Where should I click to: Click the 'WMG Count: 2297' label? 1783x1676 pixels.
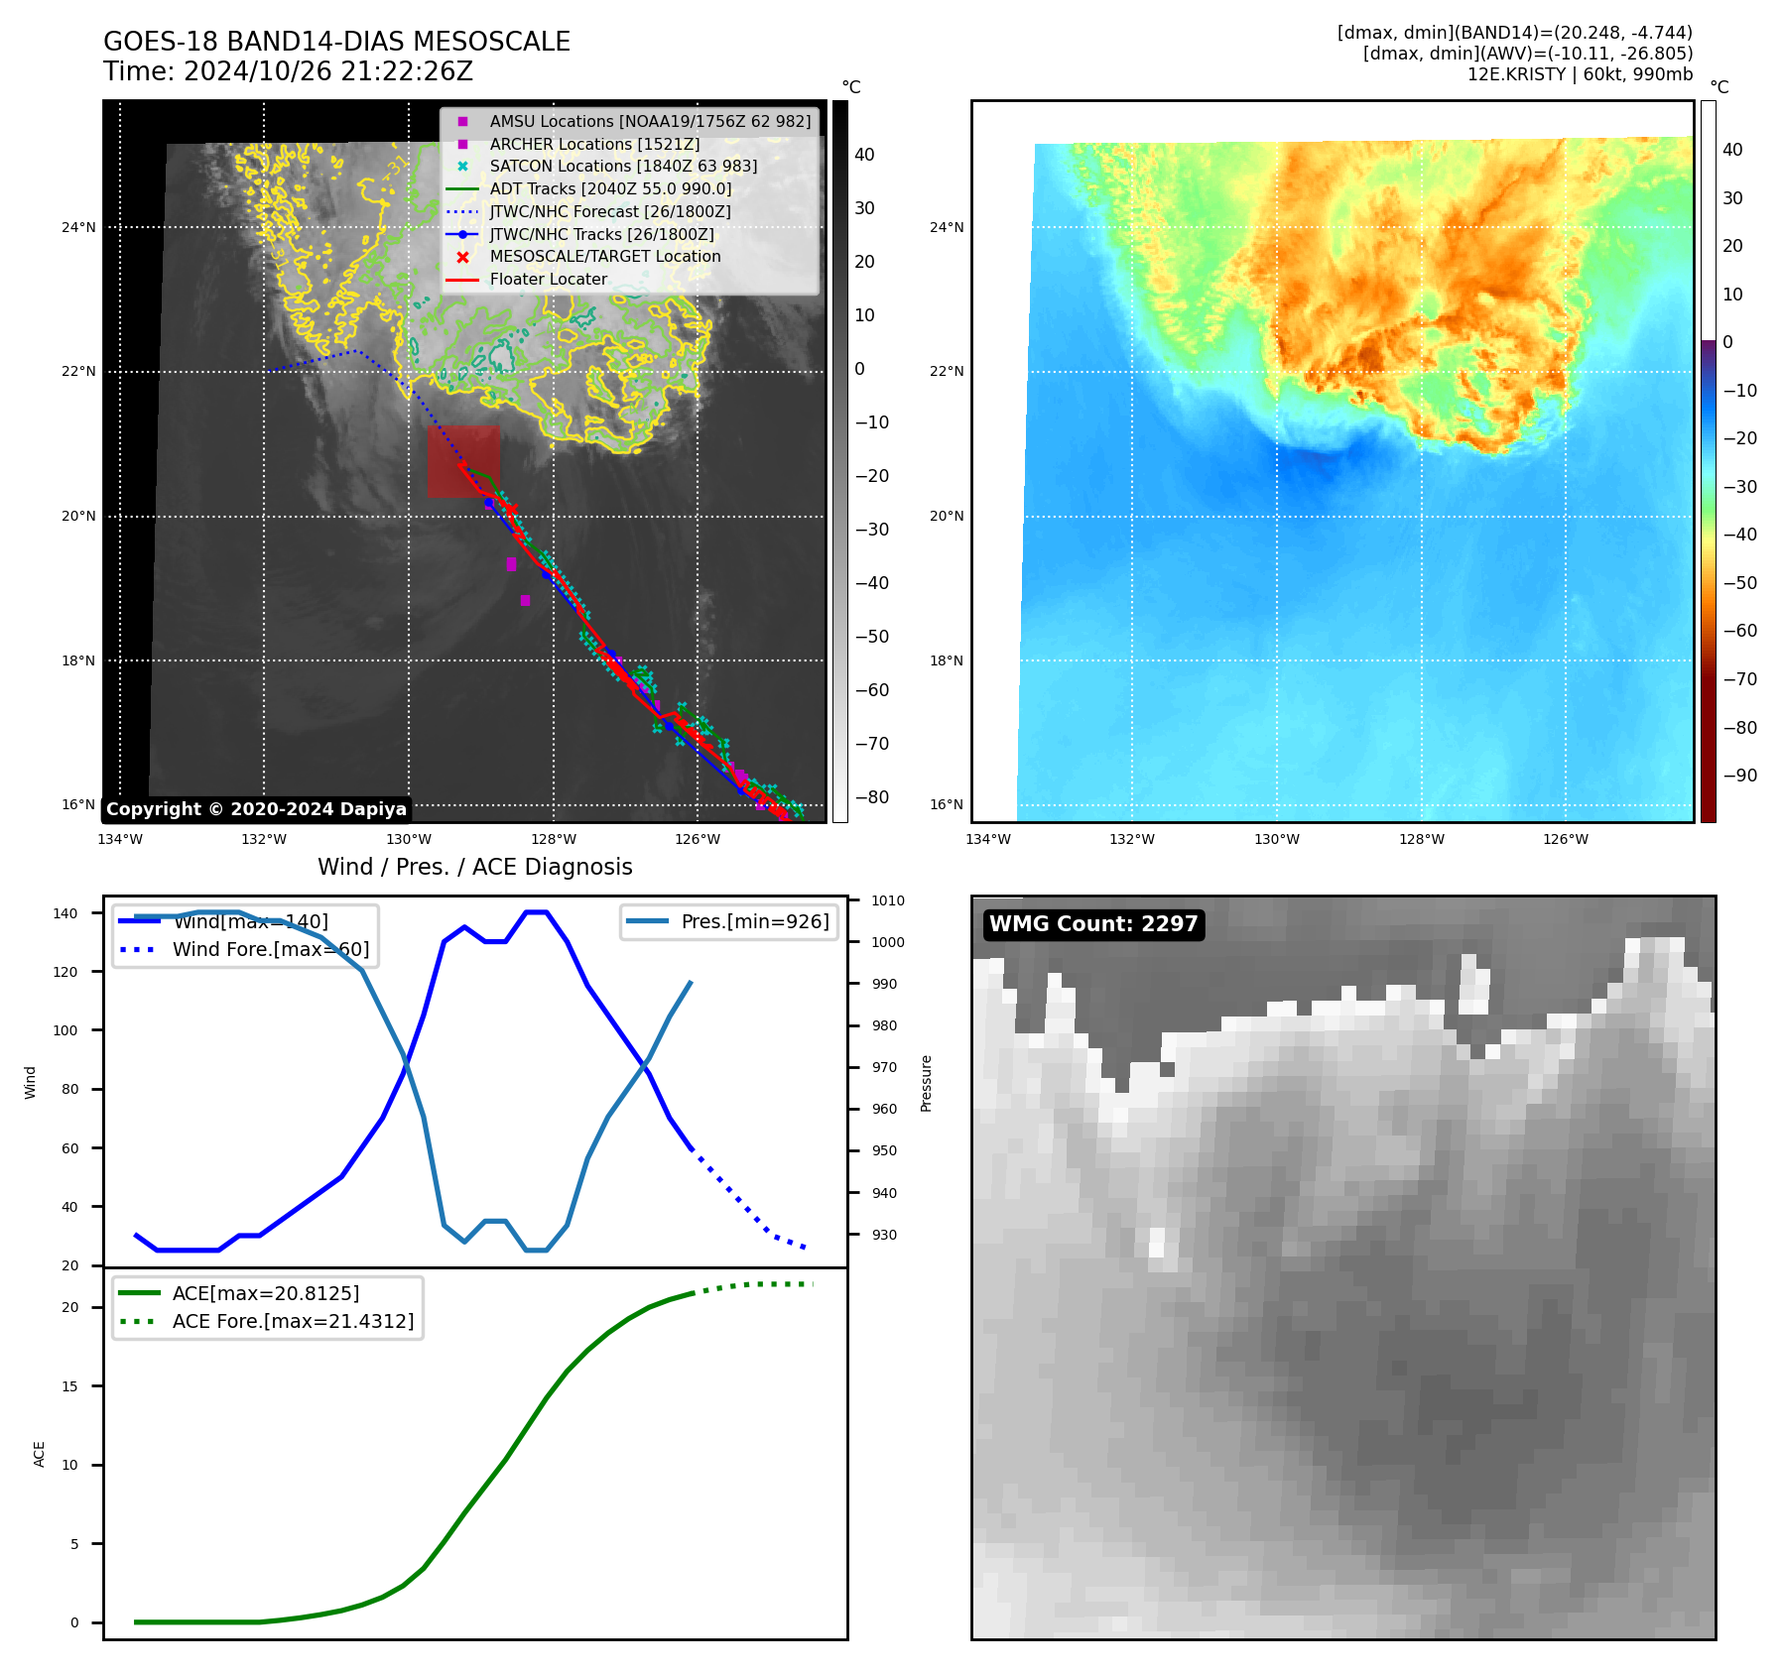tap(1093, 924)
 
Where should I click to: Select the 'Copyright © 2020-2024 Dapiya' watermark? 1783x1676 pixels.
tap(256, 809)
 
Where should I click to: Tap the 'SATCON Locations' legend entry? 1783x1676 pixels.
tap(622, 167)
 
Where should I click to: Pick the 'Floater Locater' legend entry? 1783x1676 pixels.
tap(548, 280)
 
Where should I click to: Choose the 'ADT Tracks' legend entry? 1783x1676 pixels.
tap(610, 189)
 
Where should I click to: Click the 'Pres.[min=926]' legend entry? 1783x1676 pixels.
tap(754, 922)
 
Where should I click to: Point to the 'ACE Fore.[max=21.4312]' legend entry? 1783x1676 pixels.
tap(293, 1322)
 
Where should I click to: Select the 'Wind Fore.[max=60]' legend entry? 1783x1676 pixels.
tap(270, 950)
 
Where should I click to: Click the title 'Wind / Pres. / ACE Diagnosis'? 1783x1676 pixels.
tap(474, 868)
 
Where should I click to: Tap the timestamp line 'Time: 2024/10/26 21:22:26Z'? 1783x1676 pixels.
tap(288, 72)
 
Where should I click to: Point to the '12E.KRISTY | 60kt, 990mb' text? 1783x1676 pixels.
tap(1580, 74)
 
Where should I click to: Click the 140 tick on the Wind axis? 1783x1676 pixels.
tap(64, 913)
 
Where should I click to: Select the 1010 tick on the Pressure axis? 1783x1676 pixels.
tap(888, 901)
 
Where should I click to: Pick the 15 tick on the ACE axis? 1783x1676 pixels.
tap(69, 1386)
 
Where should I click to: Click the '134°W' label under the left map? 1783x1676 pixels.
tap(120, 840)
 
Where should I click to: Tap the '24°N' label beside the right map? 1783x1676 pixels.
tap(947, 228)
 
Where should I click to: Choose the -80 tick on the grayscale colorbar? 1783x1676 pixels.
tap(872, 797)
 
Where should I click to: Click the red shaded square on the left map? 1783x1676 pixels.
tap(463, 461)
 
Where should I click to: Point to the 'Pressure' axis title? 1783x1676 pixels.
tap(927, 1083)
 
